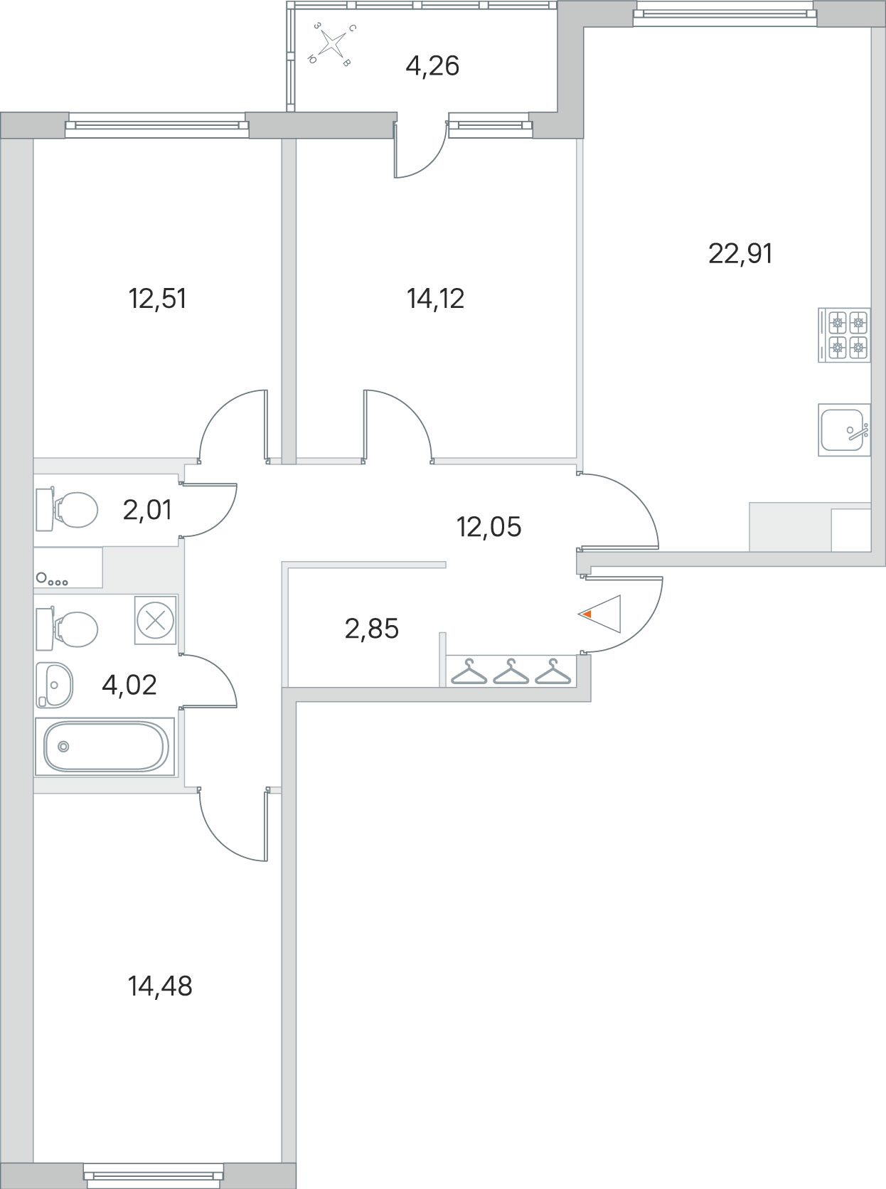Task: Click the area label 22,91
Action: (x=740, y=253)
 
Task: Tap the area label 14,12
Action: (x=435, y=299)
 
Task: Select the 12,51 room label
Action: (x=158, y=299)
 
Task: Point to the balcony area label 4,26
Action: (x=432, y=66)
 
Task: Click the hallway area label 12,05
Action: (x=489, y=526)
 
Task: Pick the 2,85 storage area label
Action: (x=371, y=629)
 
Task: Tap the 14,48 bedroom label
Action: (x=160, y=986)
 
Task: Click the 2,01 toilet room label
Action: (x=147, y=510)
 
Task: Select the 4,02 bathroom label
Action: (x=129, y=686)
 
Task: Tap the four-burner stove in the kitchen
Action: (x=844, y=335)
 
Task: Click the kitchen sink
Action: (x=844, y=430)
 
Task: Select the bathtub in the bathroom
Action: (x=105, y=747)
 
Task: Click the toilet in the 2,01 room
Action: (x=67, y=510)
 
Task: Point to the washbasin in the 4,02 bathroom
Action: (x=54, y=686)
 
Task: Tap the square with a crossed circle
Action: (x=156, y=620)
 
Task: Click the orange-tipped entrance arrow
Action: (x=599, y=614)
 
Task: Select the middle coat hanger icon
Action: (x=511, y=672)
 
